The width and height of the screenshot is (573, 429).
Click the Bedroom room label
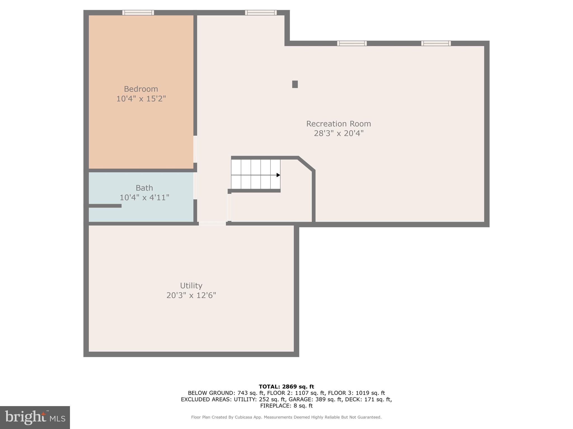coord(141,89)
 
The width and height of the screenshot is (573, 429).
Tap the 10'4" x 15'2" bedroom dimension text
coord(141,99)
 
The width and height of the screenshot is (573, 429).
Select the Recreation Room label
coord(338,124)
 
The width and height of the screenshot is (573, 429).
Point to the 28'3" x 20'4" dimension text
coord(339,134)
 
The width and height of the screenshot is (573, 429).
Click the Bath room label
coord(144,188)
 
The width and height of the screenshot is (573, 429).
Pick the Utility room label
coord(191,286)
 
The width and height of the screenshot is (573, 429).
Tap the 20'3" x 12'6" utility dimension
coord(191,295)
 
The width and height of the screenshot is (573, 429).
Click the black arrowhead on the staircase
coord(278,175)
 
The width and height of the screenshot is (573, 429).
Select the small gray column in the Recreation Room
coord(295,84)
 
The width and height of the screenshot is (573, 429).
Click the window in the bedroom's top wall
coord(138,13)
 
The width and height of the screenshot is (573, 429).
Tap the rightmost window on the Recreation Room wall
coord(436,43)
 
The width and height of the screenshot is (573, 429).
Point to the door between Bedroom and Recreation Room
coord(195,149)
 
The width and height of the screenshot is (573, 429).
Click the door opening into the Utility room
coord(212,224)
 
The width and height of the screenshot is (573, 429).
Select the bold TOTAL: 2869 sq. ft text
coord(286,387)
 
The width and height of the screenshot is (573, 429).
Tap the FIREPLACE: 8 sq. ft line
coord(286,406)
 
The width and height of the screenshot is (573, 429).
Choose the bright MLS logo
coord(35,418)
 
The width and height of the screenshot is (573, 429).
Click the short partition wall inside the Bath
coord(105,206)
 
